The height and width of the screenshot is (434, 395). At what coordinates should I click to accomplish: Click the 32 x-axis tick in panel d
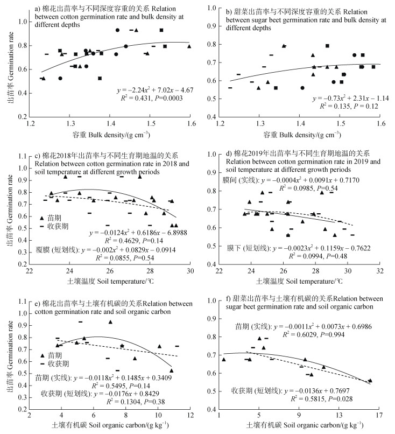382,271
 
